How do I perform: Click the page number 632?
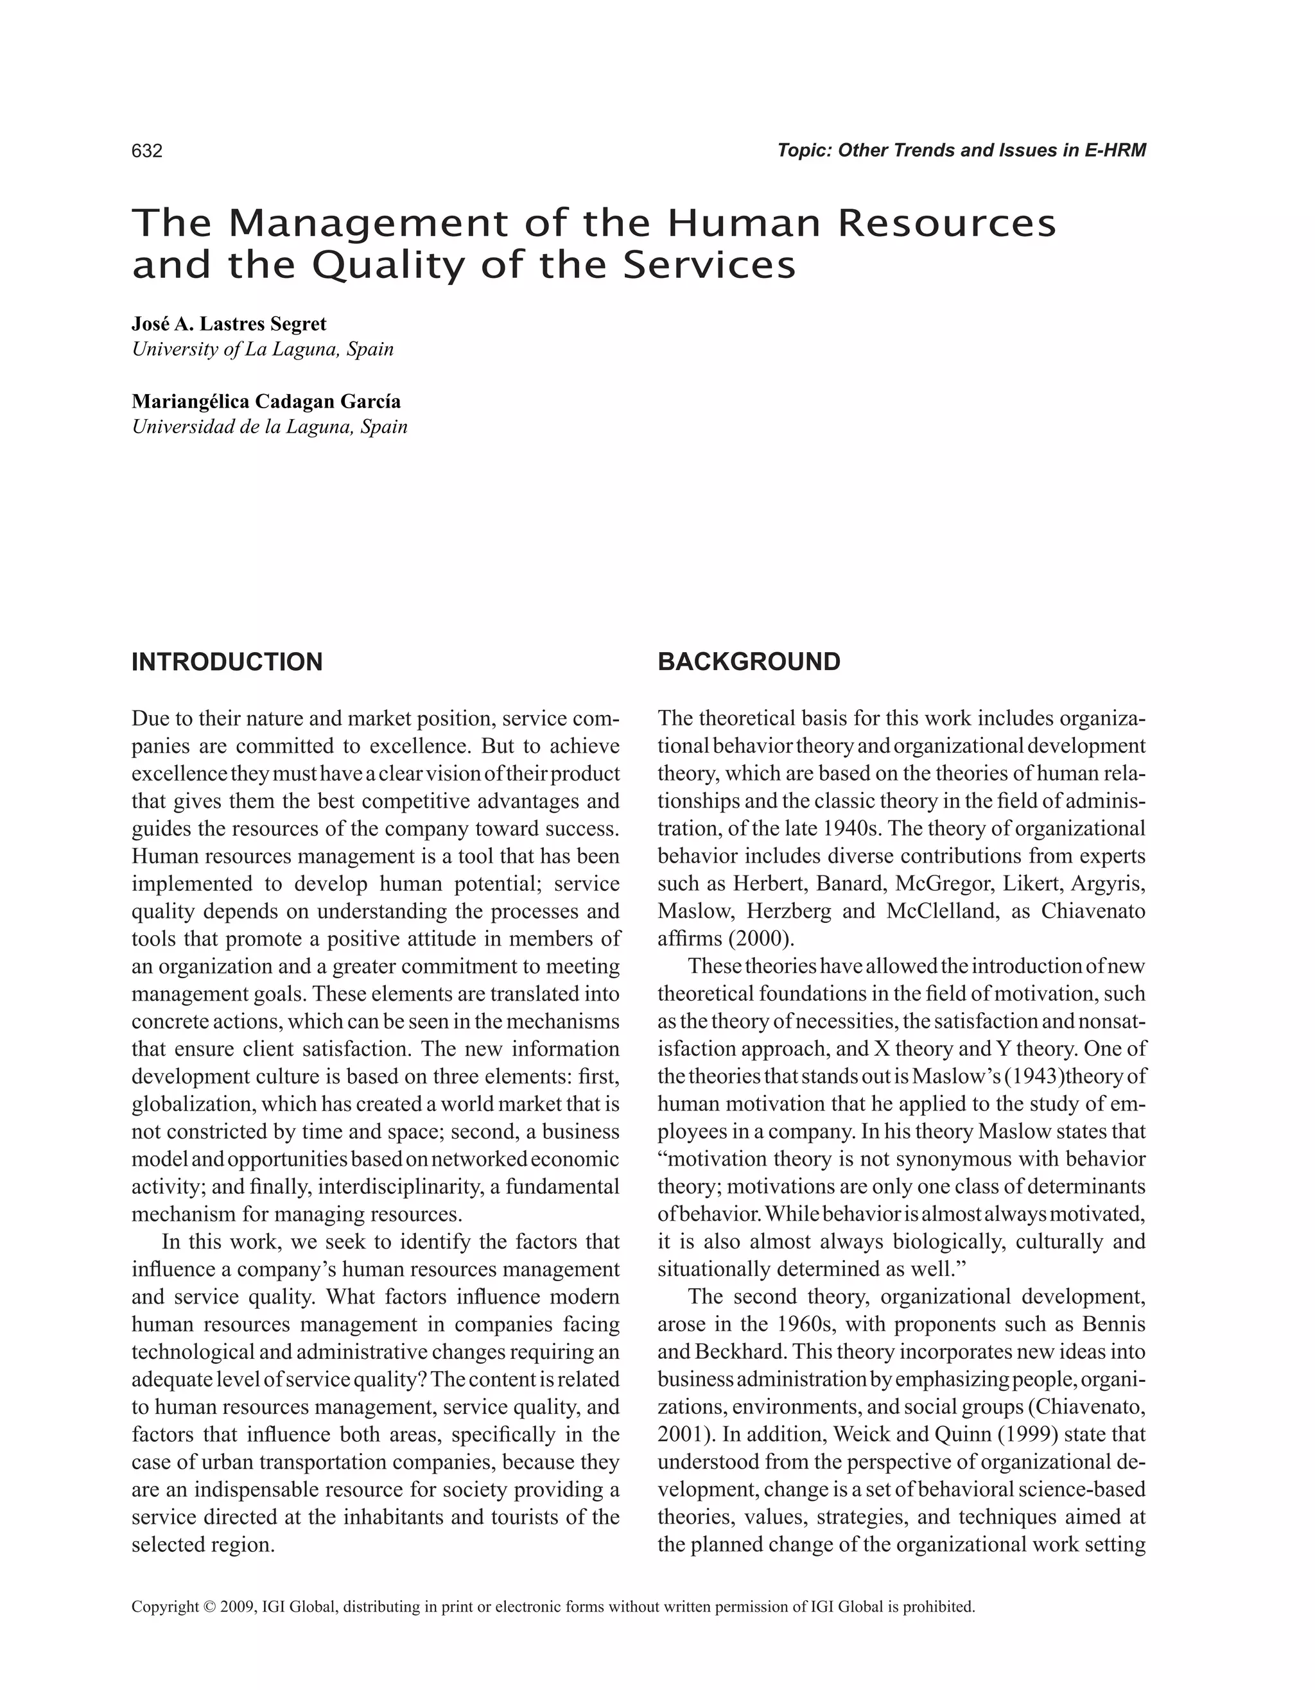147,151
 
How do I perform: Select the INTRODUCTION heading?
227,662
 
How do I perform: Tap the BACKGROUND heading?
749,662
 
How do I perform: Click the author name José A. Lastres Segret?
229,324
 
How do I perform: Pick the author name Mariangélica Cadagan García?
266,402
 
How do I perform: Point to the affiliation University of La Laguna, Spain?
263,349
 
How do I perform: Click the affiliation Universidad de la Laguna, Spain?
269,426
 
